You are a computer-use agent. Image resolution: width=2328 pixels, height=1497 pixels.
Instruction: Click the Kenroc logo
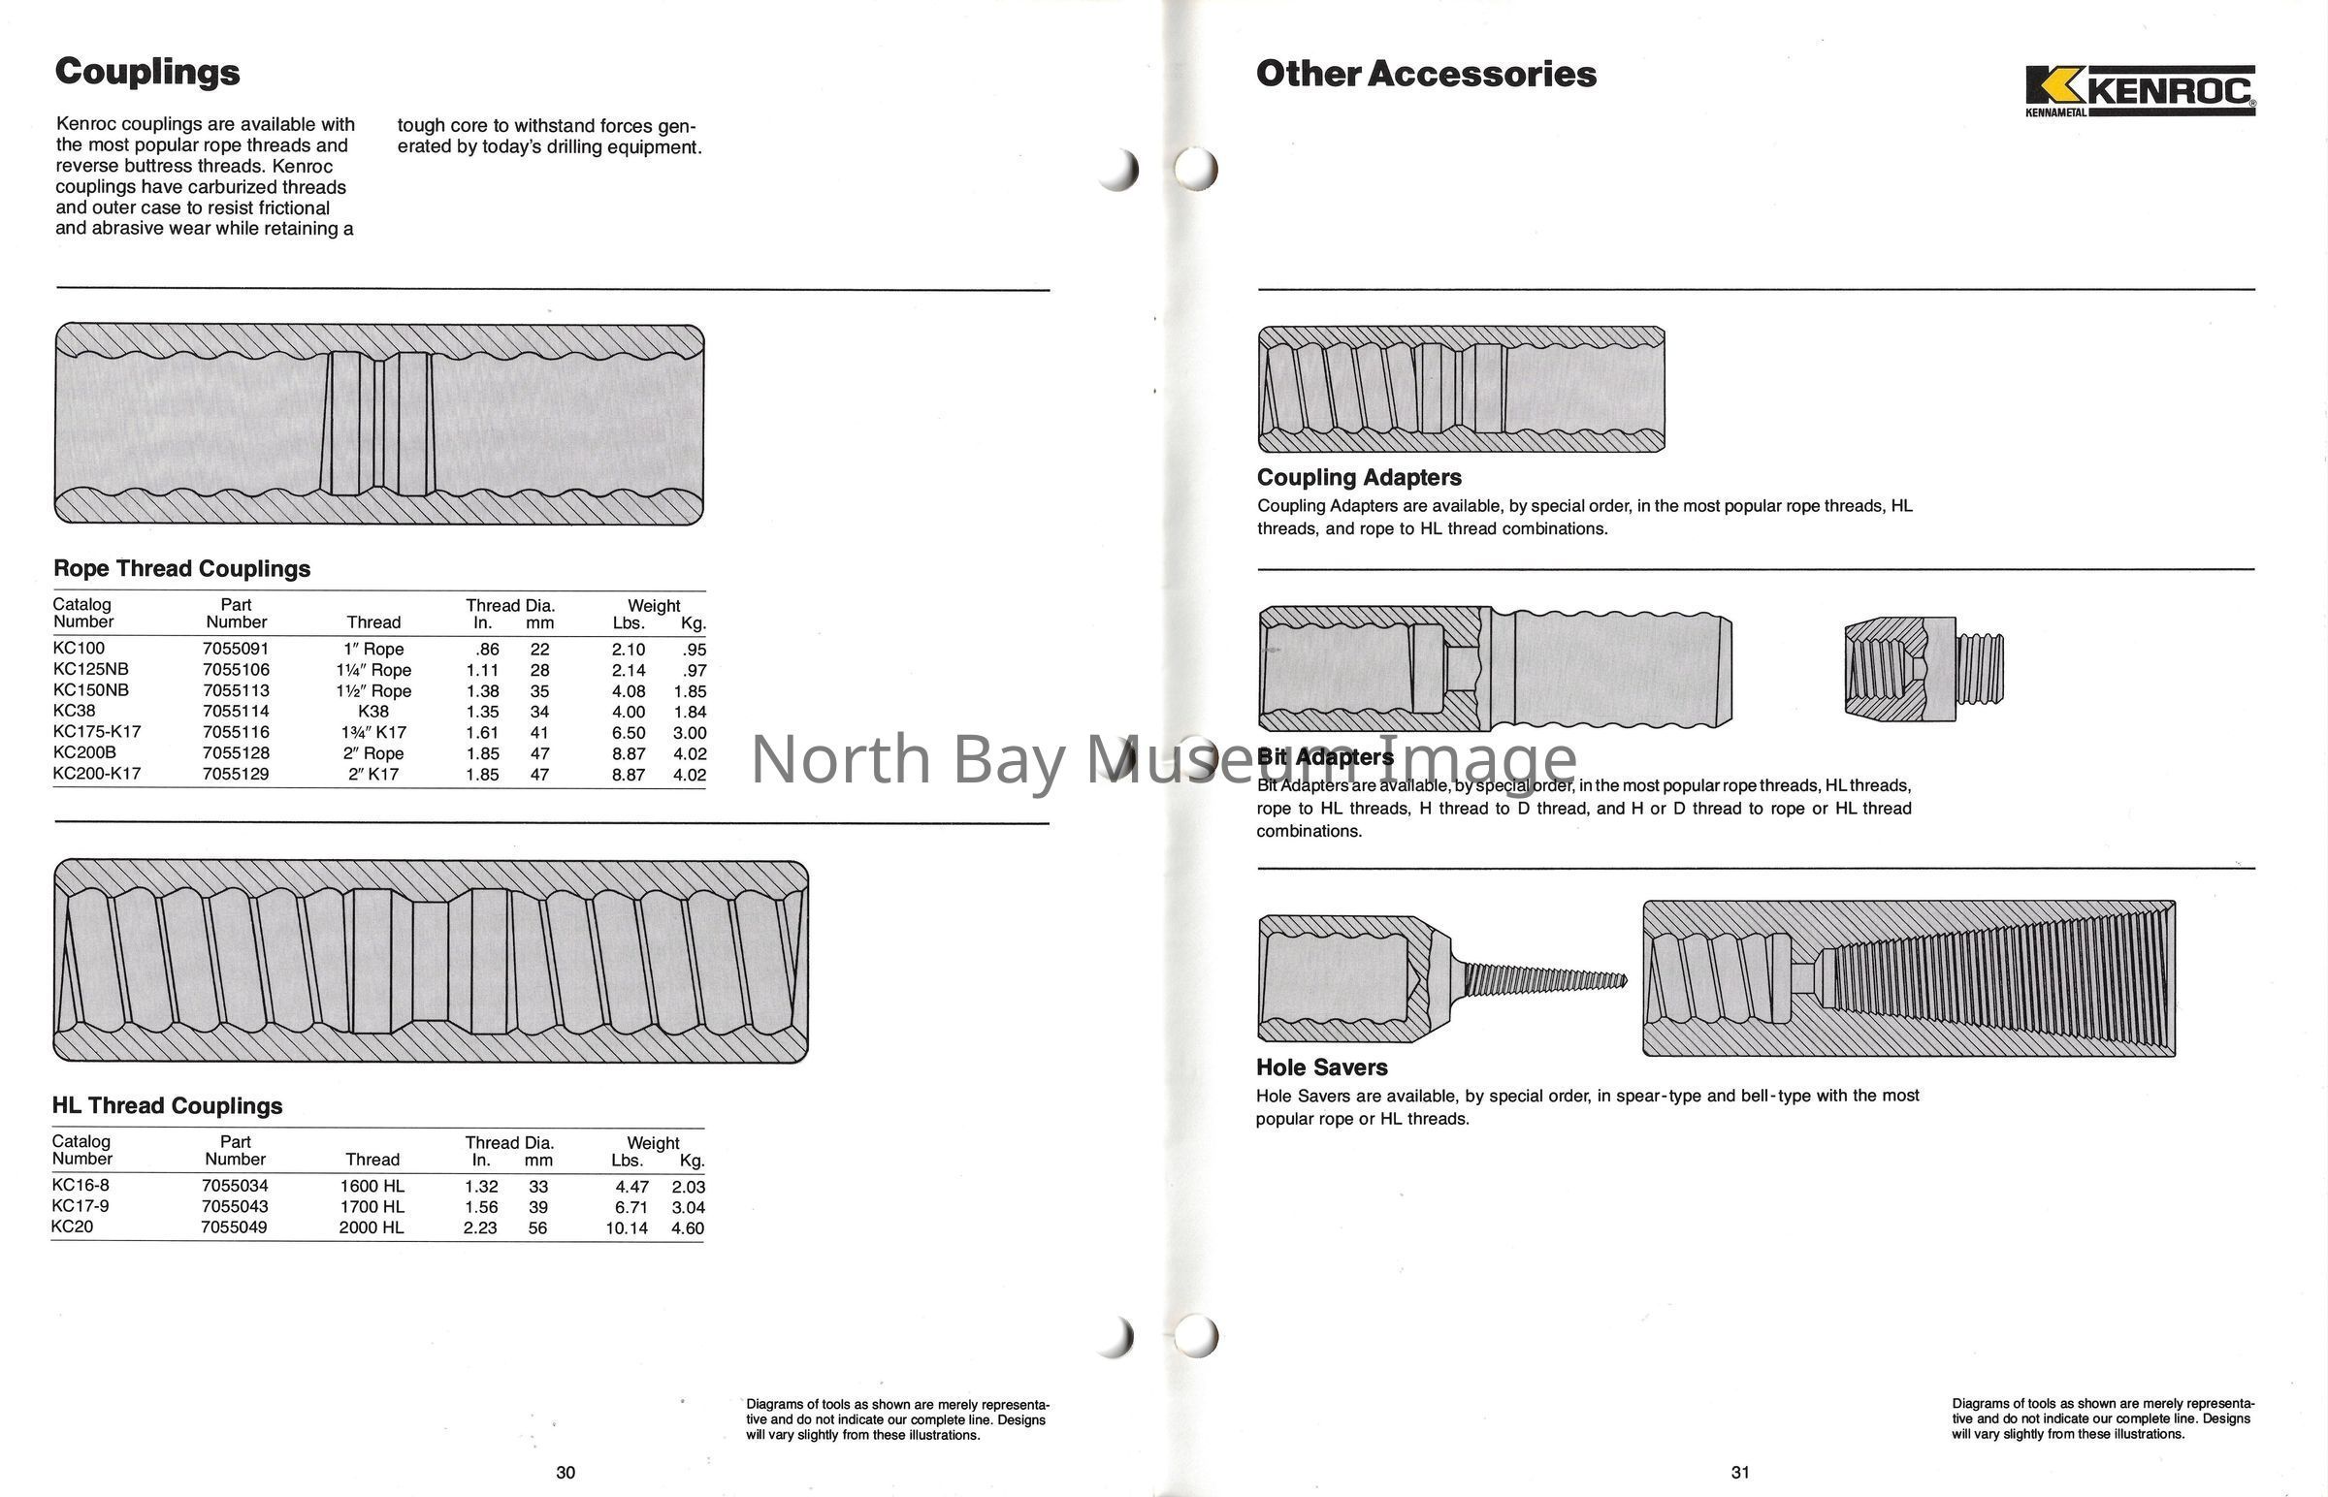(2140, 90)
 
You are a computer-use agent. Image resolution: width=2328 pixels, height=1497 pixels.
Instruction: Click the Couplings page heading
(146, 72)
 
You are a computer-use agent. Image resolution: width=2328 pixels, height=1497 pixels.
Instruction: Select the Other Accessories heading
(1426, 74)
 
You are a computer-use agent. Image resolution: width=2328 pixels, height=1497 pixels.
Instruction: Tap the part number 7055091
(236, 649)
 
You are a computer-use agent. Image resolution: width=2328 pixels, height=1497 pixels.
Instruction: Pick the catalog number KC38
(74, 711)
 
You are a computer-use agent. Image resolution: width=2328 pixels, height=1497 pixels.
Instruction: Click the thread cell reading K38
(373, 712)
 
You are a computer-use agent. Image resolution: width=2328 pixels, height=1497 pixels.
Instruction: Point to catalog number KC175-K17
(96, 732)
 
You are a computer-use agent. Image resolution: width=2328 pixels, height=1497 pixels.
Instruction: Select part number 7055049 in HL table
(234, 1226)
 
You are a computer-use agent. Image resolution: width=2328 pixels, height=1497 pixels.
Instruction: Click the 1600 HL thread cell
(372, 1186)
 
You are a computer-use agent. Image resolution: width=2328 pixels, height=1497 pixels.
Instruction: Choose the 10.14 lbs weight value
(627, 1227)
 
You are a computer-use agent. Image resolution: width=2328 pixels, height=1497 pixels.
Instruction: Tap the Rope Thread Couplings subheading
(181, 569)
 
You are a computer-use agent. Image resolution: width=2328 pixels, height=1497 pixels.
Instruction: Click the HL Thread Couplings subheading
(167, 1105)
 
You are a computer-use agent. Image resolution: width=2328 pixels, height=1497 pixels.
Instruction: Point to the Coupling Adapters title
(1359, 477)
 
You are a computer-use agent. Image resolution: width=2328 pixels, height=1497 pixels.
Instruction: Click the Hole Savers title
(1321, 1067)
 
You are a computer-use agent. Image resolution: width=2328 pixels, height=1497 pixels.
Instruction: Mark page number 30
(565, 1473)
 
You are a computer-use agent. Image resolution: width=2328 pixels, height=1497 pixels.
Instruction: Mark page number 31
(1739, 1473)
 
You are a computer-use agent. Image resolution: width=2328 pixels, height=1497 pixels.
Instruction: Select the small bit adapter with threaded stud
(1923, 669)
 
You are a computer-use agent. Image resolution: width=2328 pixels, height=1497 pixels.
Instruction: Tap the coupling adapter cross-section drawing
(1461, 390)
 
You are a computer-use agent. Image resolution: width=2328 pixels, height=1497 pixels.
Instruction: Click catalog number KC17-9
(80, 1206)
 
